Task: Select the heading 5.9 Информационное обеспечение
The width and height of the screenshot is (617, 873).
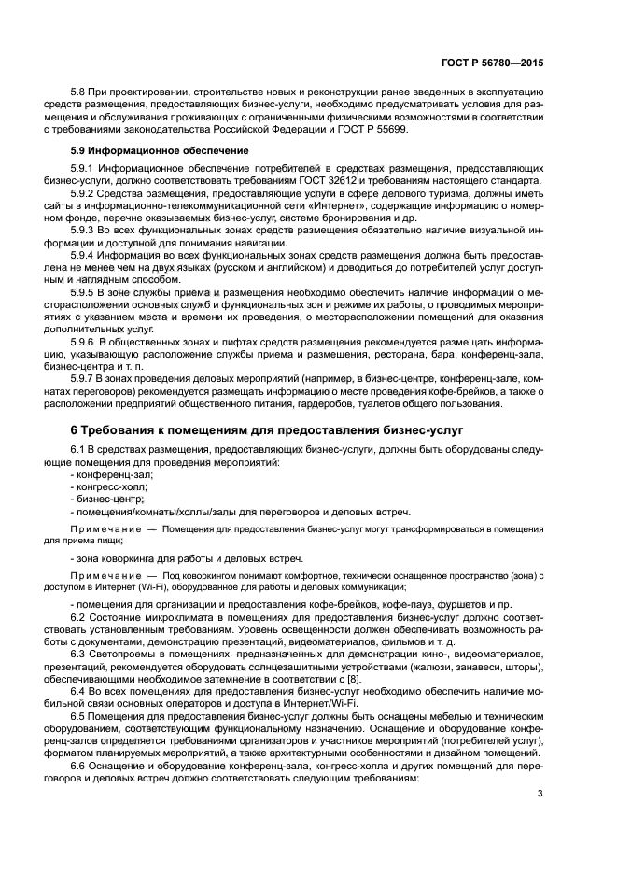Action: coord(160,149)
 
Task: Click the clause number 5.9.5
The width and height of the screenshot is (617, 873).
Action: coord(88,291)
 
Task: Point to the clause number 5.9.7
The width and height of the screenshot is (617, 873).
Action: coord(88,378)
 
